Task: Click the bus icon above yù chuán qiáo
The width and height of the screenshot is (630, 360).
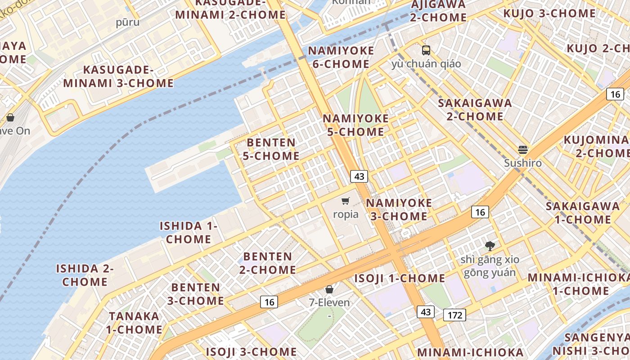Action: pyautogui.click(x=426, y=50)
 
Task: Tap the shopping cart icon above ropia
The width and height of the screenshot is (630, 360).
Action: pyautogui.click(x=346, y=201)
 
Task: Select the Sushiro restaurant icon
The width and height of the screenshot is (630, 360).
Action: pyautogui.click(x=522, y=149)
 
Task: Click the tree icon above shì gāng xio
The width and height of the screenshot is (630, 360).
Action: pyautogui.click(x=490, y=246)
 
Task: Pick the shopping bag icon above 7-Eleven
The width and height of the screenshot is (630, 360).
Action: pyautogui.click(x=329, y=289)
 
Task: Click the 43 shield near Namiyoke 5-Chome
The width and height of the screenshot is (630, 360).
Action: pyautogui.click(x=359, y=176)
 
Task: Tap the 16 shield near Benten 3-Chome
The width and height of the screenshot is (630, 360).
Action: pyautogui.click(x=269, y=302)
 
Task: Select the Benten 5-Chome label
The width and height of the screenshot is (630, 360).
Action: pyautogui.click(x=271, y=149)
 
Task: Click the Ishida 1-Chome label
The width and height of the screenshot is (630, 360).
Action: pyautogui.click(x=189, y=232)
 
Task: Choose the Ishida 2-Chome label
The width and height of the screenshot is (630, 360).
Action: pyautogui.click(x=85, y=275)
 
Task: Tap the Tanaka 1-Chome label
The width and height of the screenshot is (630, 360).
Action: pyautogui.click(x=134, y=323)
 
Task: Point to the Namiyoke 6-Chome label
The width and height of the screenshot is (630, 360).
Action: pyautogui.click(x=341, y=57)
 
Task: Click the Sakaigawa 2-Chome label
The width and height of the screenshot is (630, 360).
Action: pyautogui.click(x=475, y=109)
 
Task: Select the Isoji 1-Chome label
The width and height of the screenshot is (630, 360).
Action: pyautogui.click(x=400, y=278)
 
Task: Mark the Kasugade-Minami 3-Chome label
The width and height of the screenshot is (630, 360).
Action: pyautogui.click(x=118, y=76)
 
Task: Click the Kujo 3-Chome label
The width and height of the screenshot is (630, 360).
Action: pyautogui.click(x=549, y=13)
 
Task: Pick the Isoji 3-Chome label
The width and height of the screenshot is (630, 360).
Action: pyautogui.click(x=251, y=351)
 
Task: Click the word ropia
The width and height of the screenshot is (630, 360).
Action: pyautogui.click(x=346, y=214)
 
